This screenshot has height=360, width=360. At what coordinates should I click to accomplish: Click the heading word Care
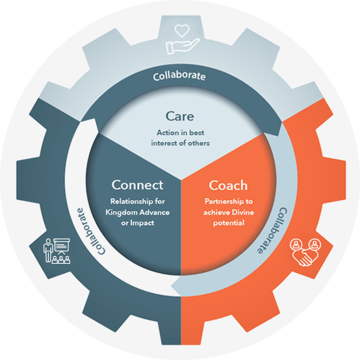point(180,116)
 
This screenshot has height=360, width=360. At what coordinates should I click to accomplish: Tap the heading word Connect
point(137,185)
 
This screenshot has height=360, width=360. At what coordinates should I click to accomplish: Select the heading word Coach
point(228,185)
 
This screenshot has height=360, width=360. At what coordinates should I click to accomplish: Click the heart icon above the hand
point(182,31)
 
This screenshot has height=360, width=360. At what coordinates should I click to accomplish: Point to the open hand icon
point(183,46)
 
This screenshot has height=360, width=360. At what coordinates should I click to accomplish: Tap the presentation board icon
point(61,246)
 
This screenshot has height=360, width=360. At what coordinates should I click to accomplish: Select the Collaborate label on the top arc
point(179,77)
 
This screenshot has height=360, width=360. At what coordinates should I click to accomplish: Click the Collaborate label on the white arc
point(90,231)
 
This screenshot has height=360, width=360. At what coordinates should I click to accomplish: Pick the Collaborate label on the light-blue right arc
point(272,231)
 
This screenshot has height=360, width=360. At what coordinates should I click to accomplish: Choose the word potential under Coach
point(229,223)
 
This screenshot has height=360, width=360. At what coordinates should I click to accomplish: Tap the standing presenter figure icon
point(48,250)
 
